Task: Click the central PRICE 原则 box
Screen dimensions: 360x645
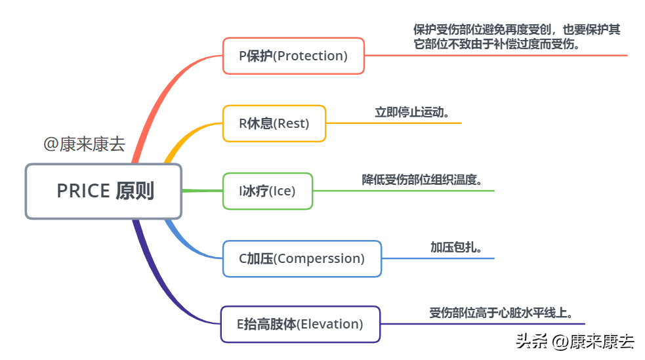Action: coord(104,191)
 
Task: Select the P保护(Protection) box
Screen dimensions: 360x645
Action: coord(293,56)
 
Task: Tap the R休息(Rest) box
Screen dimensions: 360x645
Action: coord(274,123)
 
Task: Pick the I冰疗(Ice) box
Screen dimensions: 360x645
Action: coord(268,191)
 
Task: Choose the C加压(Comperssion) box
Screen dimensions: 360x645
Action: coord(301,258)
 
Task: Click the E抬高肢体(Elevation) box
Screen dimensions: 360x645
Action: coord(300,324)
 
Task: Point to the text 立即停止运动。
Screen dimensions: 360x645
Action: coord(412,111)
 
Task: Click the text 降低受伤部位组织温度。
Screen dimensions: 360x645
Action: coord(427,179)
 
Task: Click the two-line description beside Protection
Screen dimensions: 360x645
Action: coord(516,37)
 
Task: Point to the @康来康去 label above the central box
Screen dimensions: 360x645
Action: coord(84,144)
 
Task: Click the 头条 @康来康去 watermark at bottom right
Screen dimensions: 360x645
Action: coord(574,341)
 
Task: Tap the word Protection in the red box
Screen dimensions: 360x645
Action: coord(310,56)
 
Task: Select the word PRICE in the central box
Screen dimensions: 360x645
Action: coord(83,191)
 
